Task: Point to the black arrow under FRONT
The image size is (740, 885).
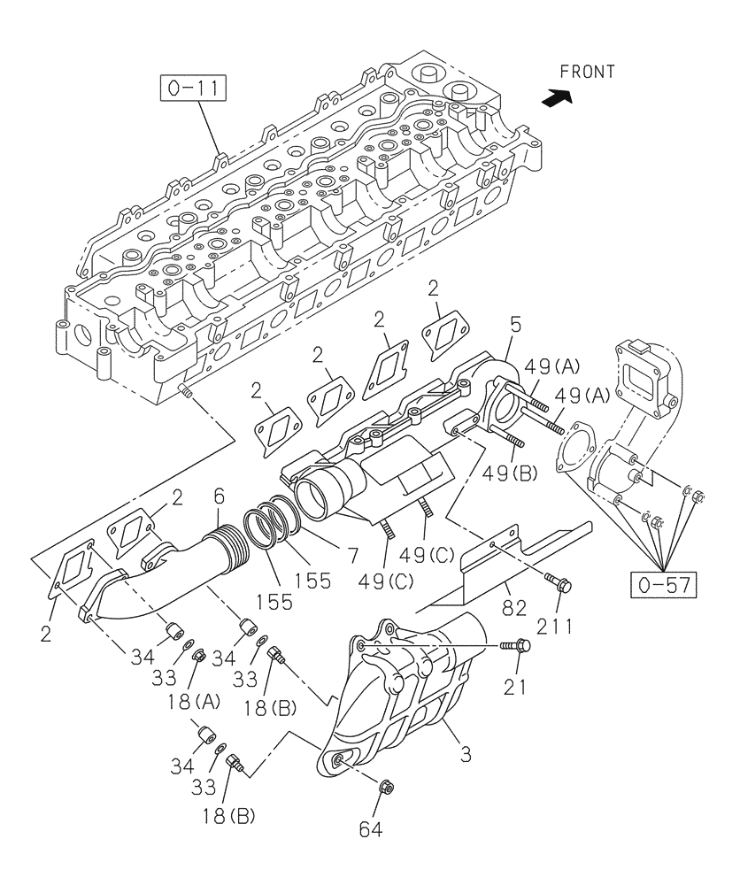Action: [x=554, y=100]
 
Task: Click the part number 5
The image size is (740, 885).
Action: [x=515, y=326]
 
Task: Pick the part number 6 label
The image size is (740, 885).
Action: [x=218, y=500]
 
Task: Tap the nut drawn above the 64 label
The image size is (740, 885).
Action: [x=387, y=786]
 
